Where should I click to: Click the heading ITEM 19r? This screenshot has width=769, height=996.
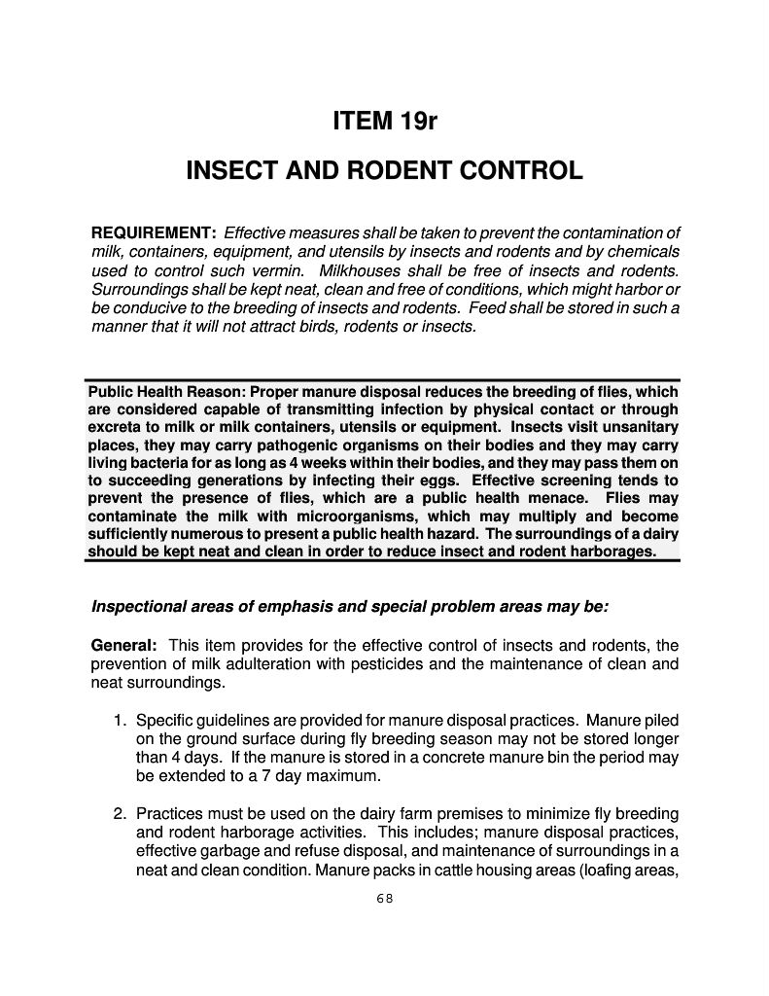384,124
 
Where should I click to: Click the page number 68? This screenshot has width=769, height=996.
384,898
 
